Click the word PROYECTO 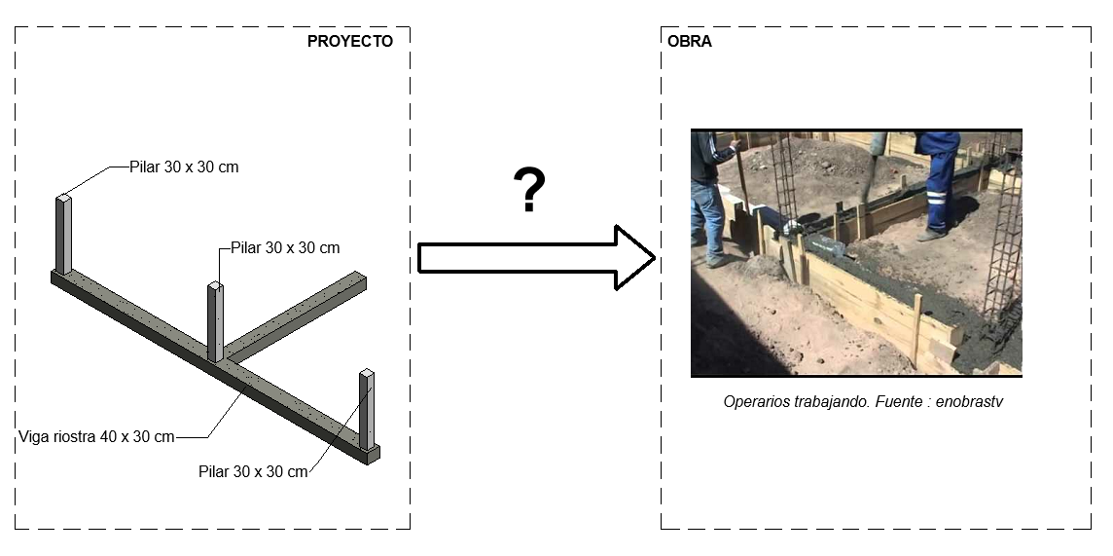coord(350,42)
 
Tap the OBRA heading coord(689,42)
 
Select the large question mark coord(529,190)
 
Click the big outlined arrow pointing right coord(536,258)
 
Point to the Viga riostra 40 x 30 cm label coord(96,436)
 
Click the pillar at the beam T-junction coord(216,321)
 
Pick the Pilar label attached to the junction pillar coord(285,248)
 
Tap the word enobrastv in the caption coord(969,402)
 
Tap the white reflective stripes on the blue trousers coord(937,197)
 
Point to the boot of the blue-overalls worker coord(931,235)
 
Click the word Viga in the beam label coord(33,436)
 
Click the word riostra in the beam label coord(73,436)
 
